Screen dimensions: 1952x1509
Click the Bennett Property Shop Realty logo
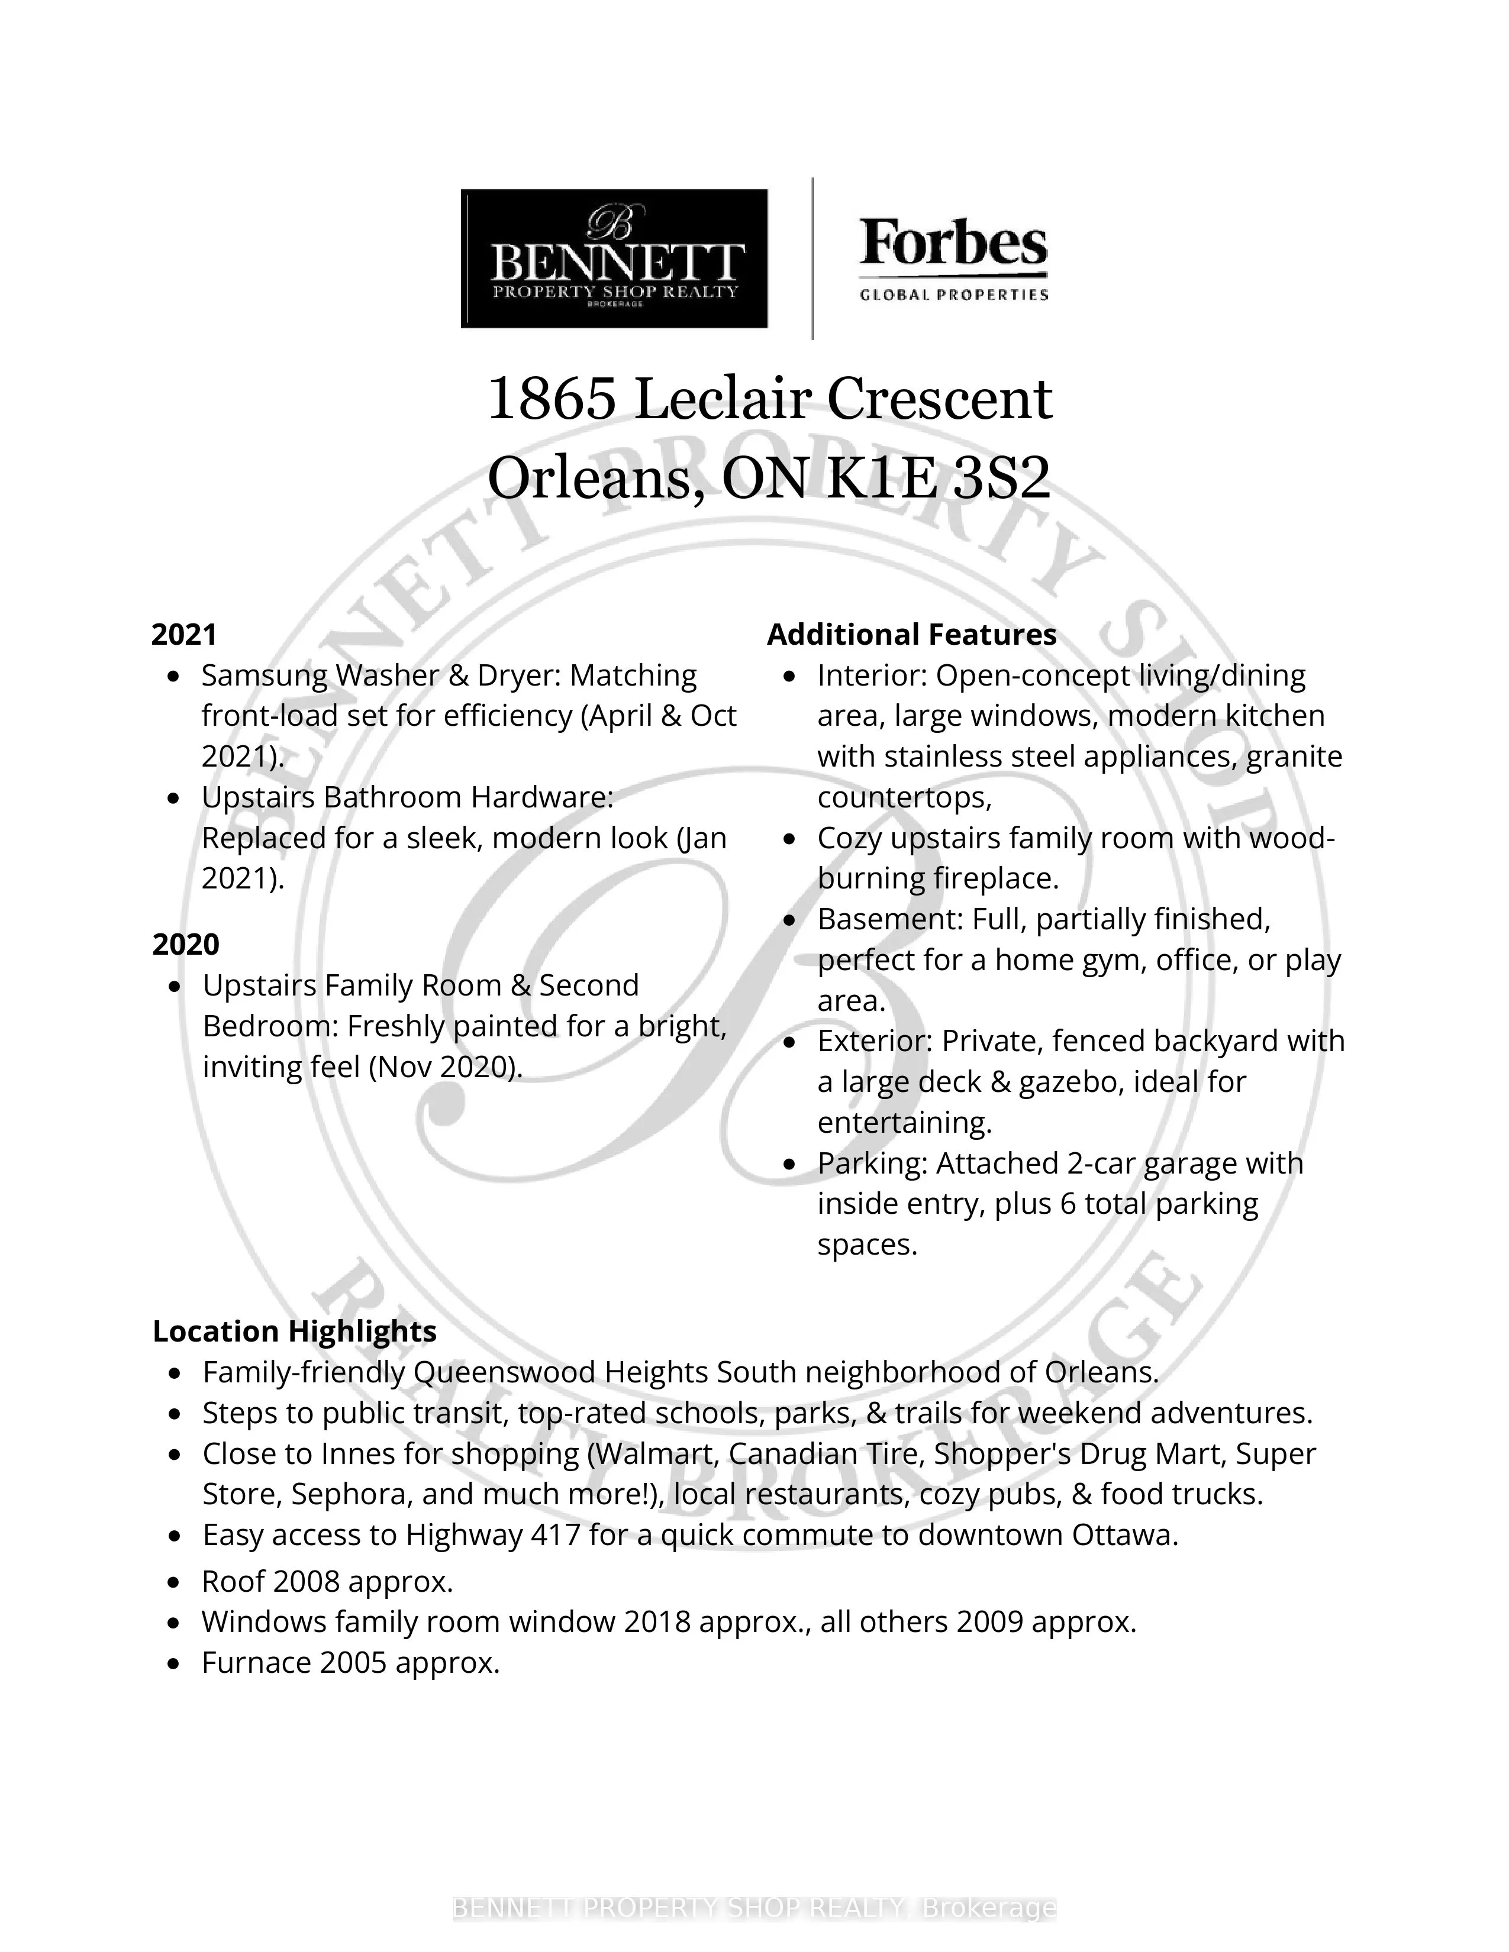click(614, 258)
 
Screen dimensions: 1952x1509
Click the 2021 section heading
click(184, 635)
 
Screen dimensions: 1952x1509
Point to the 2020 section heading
click(186, 945)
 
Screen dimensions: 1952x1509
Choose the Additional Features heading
click(912, 635)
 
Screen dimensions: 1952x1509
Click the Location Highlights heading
click(294, 1331)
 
